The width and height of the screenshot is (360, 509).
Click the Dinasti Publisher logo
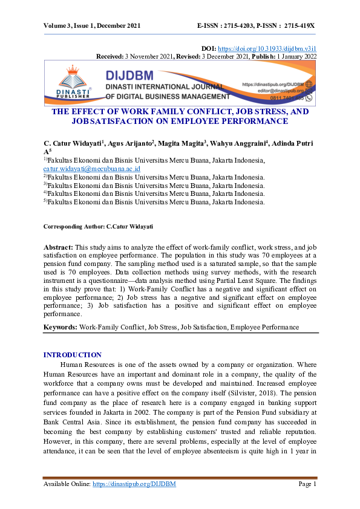point(73,84)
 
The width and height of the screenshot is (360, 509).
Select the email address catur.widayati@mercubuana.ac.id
point(92,169)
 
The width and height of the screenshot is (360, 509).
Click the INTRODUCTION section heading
point(73,355)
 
